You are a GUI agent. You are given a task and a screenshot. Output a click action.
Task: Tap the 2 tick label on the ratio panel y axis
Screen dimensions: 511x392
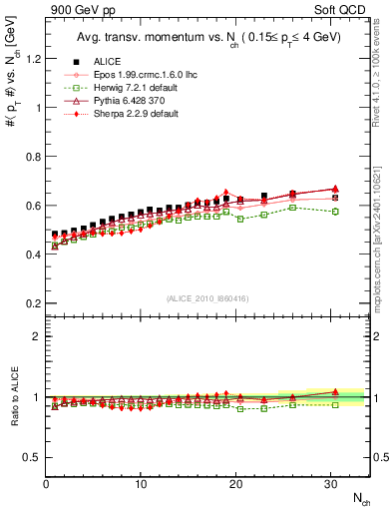[35, 336]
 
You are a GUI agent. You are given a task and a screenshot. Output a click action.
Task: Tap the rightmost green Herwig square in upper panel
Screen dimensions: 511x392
[335, 212]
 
